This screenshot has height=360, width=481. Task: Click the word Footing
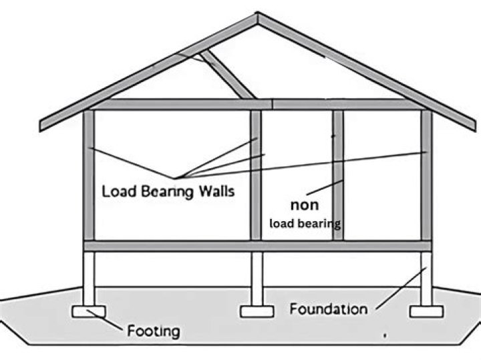coord(153,330)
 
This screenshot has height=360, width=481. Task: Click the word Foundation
coord(328,309)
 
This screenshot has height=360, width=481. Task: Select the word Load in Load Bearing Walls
coord(118,191)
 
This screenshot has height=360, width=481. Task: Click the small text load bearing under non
coord(305,223)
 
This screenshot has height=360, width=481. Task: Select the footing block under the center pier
coord(256,312)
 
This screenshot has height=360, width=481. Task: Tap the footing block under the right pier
coord(426,312)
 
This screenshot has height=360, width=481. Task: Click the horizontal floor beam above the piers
coord(257,246)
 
